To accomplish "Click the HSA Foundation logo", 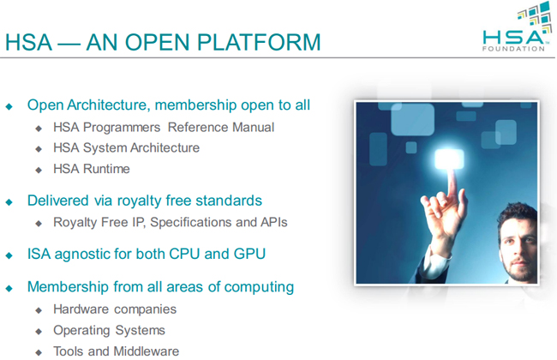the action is [518, 27].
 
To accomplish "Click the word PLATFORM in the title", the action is [259, 42].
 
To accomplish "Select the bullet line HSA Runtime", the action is [92, 169].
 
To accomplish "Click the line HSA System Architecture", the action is [127, 147].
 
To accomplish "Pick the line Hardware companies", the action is [115, 309].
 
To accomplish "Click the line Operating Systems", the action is [109, 331].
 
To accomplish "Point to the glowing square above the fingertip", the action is [449, 159].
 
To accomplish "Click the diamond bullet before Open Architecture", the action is [9, 106].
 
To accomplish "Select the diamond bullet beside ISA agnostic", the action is [9, 255].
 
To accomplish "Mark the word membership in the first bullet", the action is [195, 105].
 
